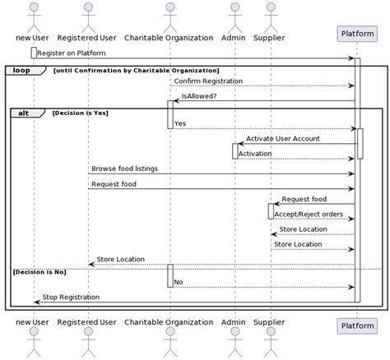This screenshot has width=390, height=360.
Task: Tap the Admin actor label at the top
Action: pyautogui.click(x=234, y=38)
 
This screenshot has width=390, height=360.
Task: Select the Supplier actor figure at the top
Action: pyautogui.click(x=271, y=16)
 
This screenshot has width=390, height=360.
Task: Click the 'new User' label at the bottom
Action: pyautogui.click(x=34, y=322)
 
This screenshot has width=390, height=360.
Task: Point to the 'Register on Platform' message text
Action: pyautogui.click(x=72, y=53)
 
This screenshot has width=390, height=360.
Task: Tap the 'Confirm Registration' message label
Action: pyautogui.click(x=208, y=81)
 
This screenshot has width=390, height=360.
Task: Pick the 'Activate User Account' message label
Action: pyautogui.click(x=283, y=138)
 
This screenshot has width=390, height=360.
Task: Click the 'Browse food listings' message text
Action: pyautogui.click(x=124, y=168)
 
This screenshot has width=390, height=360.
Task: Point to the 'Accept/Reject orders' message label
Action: pyautogui.click(x=309, y=214)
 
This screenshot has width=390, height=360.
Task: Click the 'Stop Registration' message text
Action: pyautogui.click(x=71, y=297)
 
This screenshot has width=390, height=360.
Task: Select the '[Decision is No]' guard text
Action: pyautogui.click(x=38, y=270)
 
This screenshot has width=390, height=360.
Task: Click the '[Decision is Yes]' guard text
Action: pyautogui.click(x=80, y=112)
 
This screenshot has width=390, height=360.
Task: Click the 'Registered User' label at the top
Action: pyautogui.click(x=87, y=38)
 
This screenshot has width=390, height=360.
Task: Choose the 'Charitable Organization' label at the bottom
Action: pyautogui.click(x=169, y=322)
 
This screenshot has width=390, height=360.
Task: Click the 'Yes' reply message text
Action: pyautogui.click(x=179, y=123)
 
